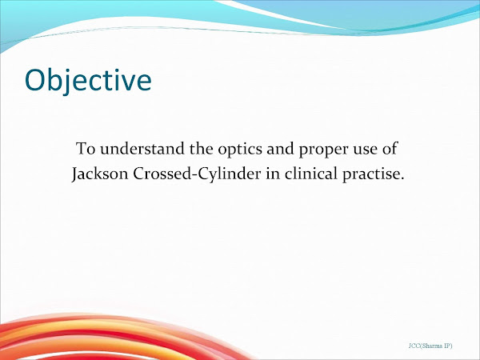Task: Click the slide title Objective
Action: click(x=87, y=80)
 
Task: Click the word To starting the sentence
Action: click(x=86, y=149)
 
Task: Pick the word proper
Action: click(x=305, y=150)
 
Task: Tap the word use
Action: click(x=349, y=150)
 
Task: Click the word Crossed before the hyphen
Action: click(x=158, y=174)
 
